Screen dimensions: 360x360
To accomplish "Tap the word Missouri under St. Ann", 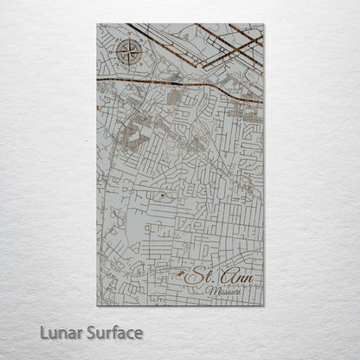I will pyautogui.click(x=224, y=292).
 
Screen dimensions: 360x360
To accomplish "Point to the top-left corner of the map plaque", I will pyautogui.click(x=97, y=24).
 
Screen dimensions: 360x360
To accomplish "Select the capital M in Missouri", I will pyautogui.click(x=209, y=292).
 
